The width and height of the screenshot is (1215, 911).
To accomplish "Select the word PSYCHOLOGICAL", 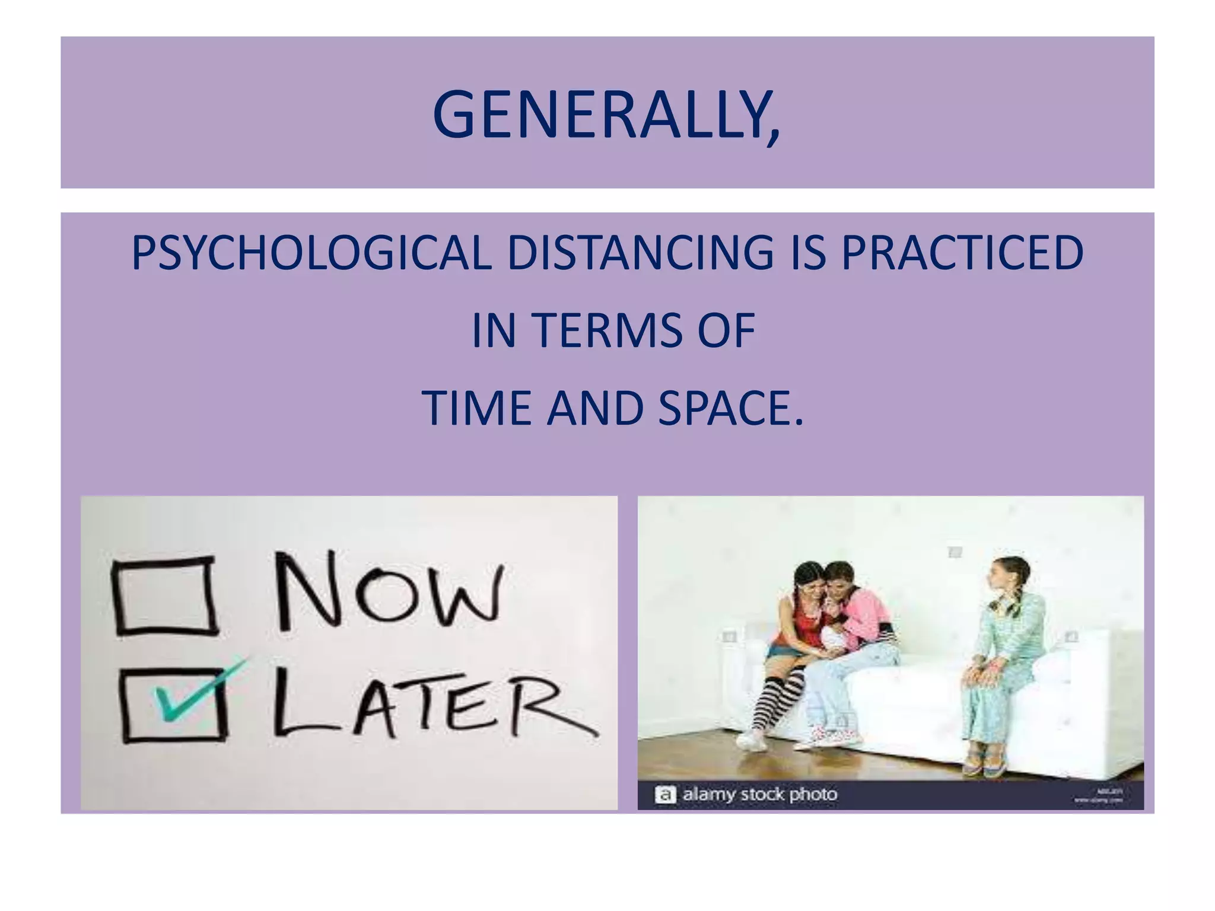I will [x=311, y=253].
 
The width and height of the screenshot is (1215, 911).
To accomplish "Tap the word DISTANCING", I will [x=640, y=253].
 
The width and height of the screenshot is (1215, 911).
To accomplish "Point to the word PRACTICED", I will [x=962, y=253].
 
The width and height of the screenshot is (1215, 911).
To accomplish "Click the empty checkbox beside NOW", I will [x=164, y=595].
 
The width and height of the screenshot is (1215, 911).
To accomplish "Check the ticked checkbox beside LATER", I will [x=174, y=705].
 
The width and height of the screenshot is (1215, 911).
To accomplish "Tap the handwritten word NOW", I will [x=389, y=593].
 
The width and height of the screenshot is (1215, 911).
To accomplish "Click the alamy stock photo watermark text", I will [x=760, y=794].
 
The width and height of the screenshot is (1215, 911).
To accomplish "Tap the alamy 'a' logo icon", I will [x=665, y=795].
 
